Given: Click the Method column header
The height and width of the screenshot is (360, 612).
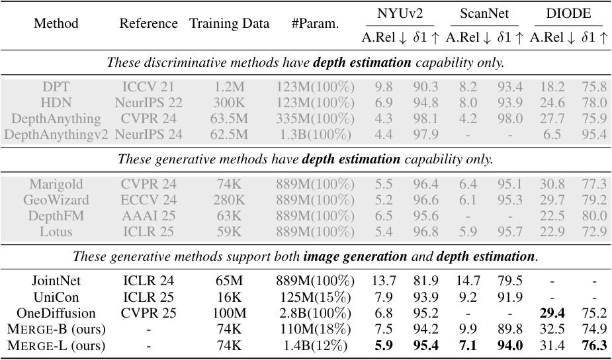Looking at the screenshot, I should click(56, 24).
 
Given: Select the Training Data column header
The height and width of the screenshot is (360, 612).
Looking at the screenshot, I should click(230, 24).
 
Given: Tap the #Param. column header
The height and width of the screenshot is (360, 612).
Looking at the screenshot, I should click(315, 24).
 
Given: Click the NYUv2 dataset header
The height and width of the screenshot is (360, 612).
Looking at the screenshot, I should click(400, 13).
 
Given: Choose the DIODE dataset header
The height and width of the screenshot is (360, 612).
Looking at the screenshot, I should click(569, 13).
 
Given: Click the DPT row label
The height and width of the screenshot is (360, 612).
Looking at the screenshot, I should click(56, 87).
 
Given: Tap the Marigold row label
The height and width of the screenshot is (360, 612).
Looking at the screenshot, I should click(56, 183).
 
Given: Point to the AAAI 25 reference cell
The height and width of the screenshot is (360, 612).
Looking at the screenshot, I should click(148, 215).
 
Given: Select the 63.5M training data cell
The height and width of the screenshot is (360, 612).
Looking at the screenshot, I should click(230, 119).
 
